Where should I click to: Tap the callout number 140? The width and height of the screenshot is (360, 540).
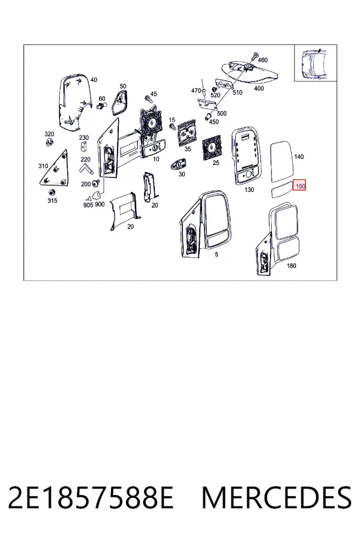pyautogui.click(x=299, y=157)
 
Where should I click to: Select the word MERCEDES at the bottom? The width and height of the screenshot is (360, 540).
pyautogui.click(x=277, y=498)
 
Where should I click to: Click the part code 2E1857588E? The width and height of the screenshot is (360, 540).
pyautogui.click(x=90, y=498)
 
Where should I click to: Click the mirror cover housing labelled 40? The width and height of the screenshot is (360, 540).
pyautogui.click(x=74, y=101)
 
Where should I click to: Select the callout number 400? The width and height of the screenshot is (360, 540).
pyautogui.click(x=259, y=89)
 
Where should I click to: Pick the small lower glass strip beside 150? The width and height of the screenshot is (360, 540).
pyautogui.click(x=282, y=192)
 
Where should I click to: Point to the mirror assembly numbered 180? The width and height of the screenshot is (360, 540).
pyautogui.click(x=277, y=239)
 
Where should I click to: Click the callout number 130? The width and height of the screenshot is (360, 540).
pyautogui.click(x=249, y=190)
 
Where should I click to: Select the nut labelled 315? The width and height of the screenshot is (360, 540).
pyautogui.click(x=52, y=192)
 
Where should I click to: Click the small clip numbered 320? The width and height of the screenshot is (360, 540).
pyautogui.click(x=49, y=142)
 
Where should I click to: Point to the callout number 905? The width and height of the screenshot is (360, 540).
pyautogui.click(x=88, y=205)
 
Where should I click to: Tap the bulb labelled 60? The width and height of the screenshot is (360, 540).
pyautogui.click(x=101, y=106)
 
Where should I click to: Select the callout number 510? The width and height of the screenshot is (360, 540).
pyautogui.click(x=238, y=92)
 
